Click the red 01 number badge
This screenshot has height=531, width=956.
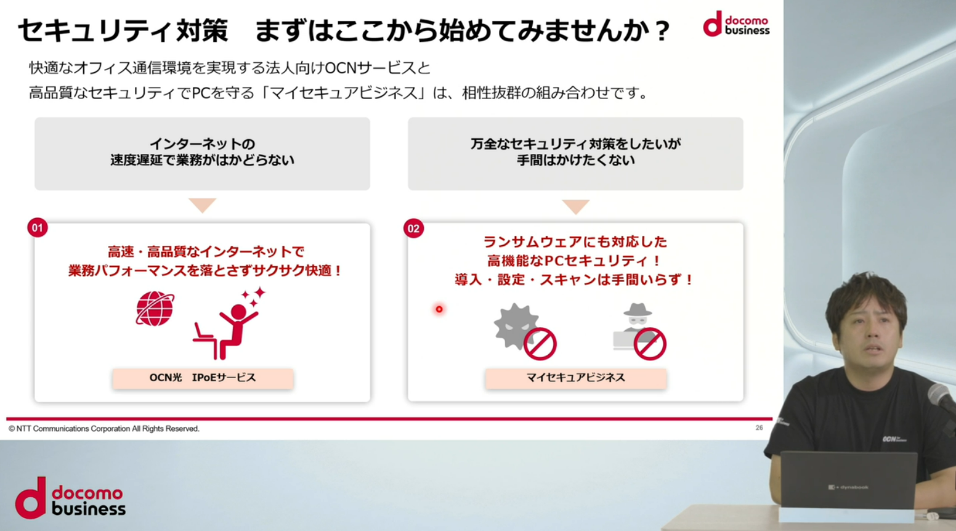click(38, 227)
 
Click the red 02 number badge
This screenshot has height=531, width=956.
click(413, 229)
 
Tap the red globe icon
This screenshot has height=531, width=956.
click(155, 308)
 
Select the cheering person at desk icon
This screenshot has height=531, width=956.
click(230, 323)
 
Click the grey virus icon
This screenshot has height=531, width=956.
click(516, 326)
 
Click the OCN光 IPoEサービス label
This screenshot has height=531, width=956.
click(203, 378)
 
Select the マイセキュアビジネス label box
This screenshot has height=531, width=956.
click(576, 378)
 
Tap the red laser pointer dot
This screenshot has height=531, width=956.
click(439, 309)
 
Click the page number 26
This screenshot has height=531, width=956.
click(759, 428)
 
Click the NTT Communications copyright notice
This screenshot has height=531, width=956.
click(103, 429)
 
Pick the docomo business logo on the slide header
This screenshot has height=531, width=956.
click(736, 23)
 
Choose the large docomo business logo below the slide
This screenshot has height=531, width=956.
click(70, 498)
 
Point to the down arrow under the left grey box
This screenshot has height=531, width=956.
click(202, 205)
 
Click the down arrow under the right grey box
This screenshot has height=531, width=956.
click(576, 206)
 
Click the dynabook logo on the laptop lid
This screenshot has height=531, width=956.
click(848, 487)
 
